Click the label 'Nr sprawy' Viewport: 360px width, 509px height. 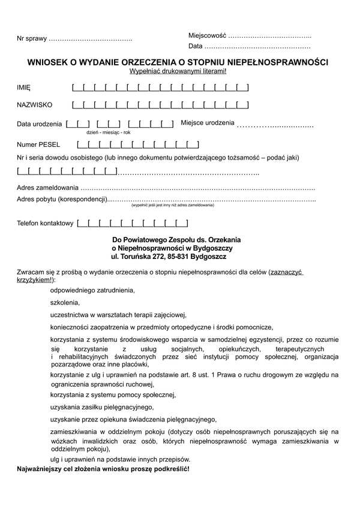(x=32, y=39)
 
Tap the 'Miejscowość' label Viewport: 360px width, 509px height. (x=207, y=35)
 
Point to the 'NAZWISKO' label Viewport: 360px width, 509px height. (x=34, y=106)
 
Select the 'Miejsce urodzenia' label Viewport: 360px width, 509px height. (x=208, y=123)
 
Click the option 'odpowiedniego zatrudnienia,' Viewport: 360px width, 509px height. (x=93, y=290)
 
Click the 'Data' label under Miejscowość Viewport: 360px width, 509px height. (x=196, y=46)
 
